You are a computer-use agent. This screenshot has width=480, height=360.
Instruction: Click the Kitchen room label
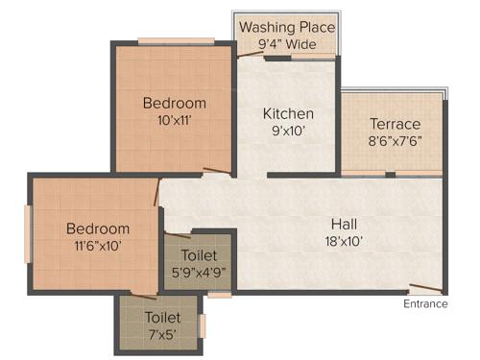[x=288, y=113]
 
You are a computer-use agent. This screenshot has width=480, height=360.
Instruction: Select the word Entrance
[x=425, y=304]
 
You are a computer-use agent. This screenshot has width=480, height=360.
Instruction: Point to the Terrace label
[x=396, y=124]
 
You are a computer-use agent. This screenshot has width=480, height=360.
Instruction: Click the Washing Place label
[x=286, y=26]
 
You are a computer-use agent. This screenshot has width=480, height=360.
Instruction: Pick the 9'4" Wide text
[x=286, y=44]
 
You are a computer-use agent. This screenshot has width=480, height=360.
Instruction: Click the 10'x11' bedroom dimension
[x=175, y=121]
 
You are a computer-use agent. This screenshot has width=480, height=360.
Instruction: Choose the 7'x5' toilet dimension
[x=161, y=333]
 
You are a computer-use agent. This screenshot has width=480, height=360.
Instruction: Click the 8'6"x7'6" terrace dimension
[x=396, y=141]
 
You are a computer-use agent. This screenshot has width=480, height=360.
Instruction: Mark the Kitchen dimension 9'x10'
[x=288, y=132]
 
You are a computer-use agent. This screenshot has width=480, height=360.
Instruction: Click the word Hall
[x=344, y=223]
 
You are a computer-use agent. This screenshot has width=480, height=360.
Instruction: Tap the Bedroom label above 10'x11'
[x=175, y=104]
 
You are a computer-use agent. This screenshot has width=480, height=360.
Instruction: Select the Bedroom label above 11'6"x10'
[x=97, y=228]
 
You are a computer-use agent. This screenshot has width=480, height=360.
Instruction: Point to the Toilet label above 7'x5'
[x=161, y=316]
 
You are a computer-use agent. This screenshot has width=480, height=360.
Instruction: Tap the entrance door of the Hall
[x=424, y=289]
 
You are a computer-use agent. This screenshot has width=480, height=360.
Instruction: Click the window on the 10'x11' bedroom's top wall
[x=176, y=41]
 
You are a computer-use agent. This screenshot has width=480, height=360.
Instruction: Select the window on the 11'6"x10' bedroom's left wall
[x=29, y=233]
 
